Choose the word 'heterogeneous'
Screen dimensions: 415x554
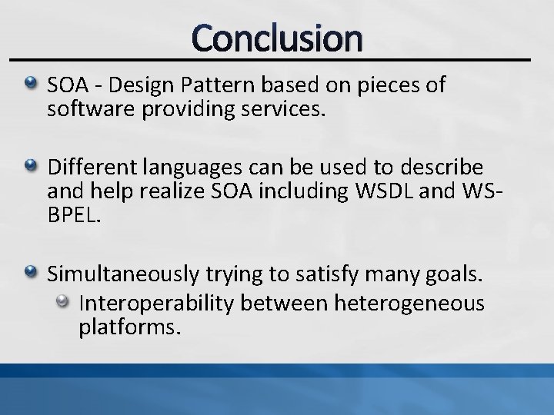tap(409, 304)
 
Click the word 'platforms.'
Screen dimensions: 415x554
tap(129, 328)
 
